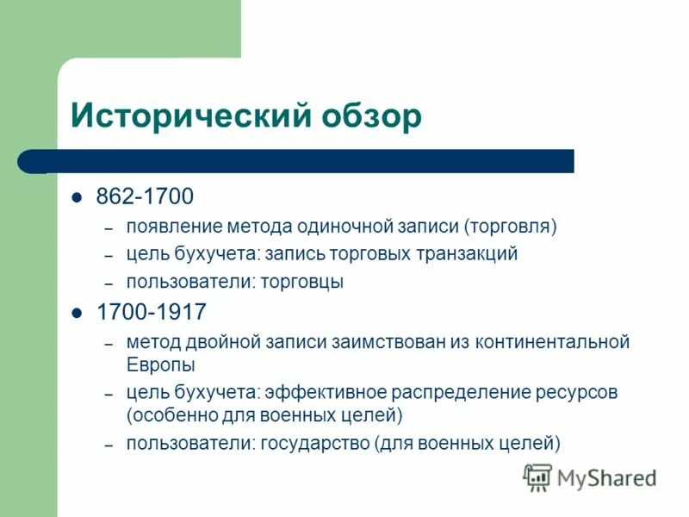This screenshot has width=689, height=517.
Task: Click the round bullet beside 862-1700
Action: click(78, 197)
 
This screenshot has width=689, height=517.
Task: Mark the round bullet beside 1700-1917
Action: click(78, 311)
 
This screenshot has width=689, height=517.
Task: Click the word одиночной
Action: click(338, 227)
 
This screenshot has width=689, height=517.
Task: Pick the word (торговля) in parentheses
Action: click(512, 227)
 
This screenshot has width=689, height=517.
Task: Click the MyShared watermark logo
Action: click(590, 477)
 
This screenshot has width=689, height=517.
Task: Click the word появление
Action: click(175, 227)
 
